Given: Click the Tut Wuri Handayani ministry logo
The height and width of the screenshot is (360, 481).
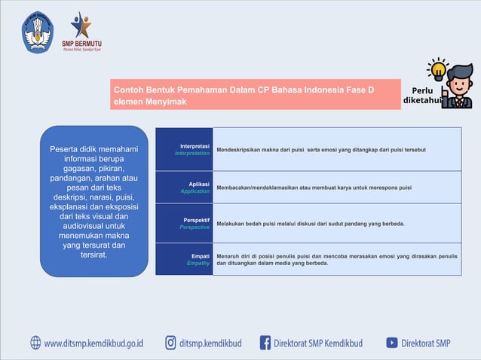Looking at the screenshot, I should click(x=38, y=32).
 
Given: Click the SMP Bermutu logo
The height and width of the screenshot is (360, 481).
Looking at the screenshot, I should click(x=81, y=31).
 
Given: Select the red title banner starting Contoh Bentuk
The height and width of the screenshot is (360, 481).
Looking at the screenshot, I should click(x=256, y=96).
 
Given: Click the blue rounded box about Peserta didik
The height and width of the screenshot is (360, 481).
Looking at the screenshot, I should click(x=93, y=201).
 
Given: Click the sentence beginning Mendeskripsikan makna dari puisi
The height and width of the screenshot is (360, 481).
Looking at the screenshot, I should click(x=321, y=149).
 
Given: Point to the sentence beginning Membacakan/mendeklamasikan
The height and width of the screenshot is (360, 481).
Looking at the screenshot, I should click(x=314, y=187).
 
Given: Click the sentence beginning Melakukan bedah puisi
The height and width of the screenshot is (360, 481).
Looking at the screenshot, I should click(x=311, y=224).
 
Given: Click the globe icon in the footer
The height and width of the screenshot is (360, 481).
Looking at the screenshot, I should click(x=36, y=343).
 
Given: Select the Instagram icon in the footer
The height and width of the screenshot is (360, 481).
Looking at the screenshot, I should click(x=171, y=343).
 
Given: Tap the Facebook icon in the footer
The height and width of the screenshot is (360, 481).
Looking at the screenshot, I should click(x=265, y=343).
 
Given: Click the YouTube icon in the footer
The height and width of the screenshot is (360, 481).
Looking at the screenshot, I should click(x=392, y=343).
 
